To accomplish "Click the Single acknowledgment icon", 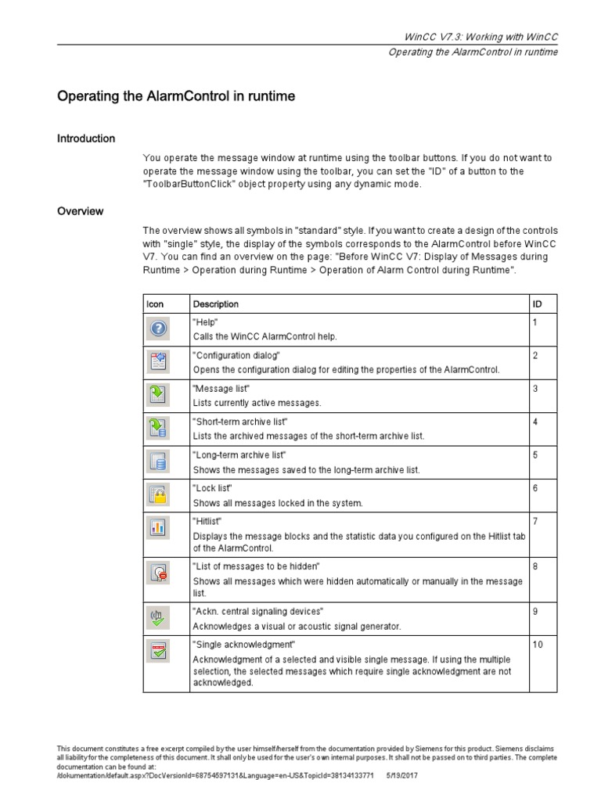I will pyautogui.click(x=158, y=651).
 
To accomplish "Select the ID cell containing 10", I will pyautogui.click(x=538, y=645).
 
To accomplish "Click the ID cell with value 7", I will pyautogui.click(x=535, y=521).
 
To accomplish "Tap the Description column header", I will pyautogui.click(x=216, y=304).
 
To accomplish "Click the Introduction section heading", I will pyautogui.click(x=86, y=138).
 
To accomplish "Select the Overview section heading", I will pyautogui.click(x=80, y=211).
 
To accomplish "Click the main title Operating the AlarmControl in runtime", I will pyautogui.click(x=176, y=97).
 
